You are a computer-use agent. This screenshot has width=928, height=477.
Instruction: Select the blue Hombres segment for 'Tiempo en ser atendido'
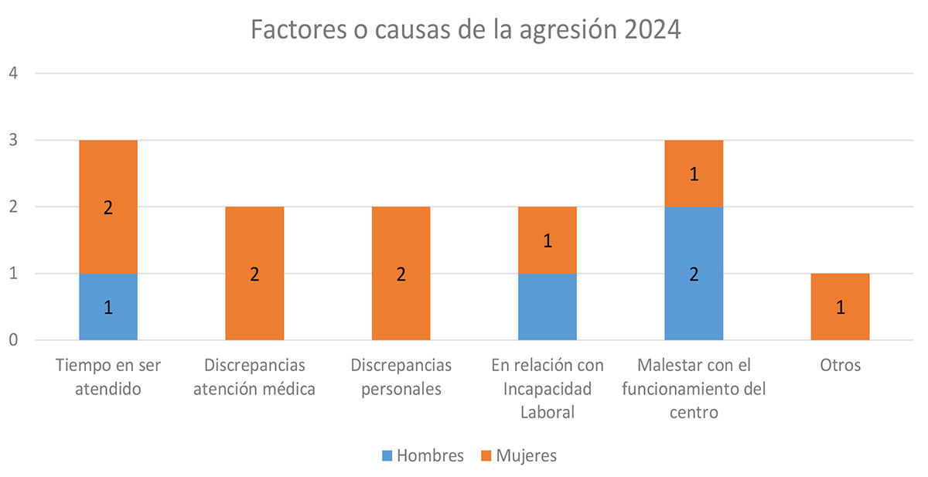click(x=108, y=307)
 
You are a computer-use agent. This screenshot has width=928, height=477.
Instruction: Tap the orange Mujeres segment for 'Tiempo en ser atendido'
click(x=108, y=206)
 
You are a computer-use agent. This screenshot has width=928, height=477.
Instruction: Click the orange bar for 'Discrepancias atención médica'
click(x=254, y=274)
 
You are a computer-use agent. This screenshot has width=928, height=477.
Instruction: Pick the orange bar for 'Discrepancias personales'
click(x=401, y=274)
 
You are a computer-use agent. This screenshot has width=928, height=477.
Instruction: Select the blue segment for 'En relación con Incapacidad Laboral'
click(x=548, y=307)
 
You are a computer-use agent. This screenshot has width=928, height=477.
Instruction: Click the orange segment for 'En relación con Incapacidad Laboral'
click(x=548, y=240)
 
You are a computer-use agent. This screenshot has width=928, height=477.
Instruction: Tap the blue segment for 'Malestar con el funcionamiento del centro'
click(x=694, y=274)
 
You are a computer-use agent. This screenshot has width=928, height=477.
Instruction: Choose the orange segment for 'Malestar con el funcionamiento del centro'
click(x=694, y=173)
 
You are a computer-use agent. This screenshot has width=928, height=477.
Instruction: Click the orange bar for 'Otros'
click(x=840, y=307)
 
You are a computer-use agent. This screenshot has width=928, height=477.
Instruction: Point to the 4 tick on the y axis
click(x=13, y=73)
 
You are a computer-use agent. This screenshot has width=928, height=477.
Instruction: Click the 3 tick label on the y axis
click(x=13, y=141)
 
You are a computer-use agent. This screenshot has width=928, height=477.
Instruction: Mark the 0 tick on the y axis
click(x=13, y=340)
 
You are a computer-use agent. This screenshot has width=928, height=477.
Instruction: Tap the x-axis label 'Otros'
click(x=840, y=365)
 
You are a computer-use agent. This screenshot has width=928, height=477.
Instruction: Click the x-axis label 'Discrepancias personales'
click(x=401, y=376)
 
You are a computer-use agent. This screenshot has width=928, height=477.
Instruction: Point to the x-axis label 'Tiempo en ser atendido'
click(x=108, y=376)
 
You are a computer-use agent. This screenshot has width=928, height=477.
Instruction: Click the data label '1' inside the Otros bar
click(x=840, y=308)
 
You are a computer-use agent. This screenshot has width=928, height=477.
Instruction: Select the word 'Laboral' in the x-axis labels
click(x=548, y=412)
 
